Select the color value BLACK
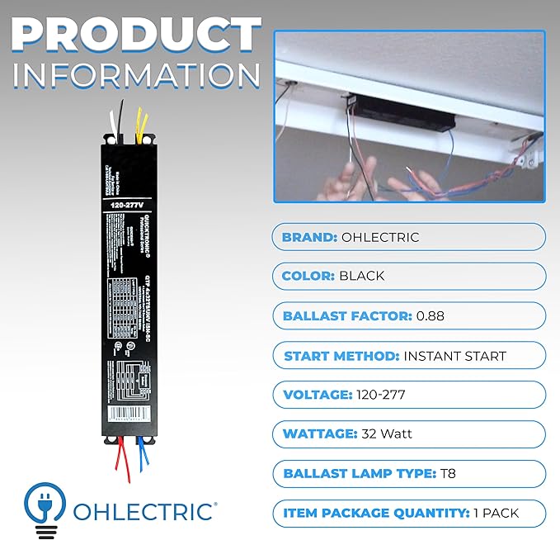(361, 276)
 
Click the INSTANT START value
(454, 356)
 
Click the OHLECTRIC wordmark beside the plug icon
(144, 510)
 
